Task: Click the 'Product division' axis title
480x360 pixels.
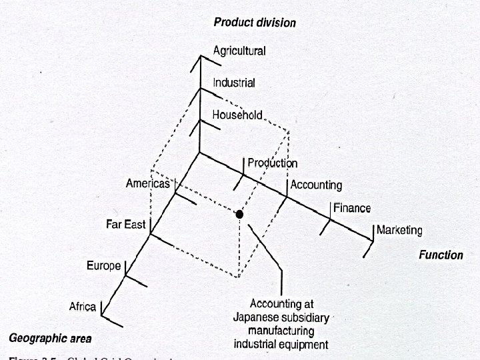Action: coord(255,23)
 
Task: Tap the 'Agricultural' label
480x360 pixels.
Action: coord(239,51)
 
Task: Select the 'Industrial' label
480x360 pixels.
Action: coord(233,83)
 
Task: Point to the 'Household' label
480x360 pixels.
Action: coord(237,115)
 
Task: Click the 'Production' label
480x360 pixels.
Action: coord(272,163)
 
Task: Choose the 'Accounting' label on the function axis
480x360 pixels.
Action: coord(316,185)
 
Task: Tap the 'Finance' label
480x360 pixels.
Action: coord(351,208)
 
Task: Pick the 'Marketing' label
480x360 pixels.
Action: coord(399,231)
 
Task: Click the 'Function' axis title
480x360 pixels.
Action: coord(441,255)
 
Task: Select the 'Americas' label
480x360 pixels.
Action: coord(148,184)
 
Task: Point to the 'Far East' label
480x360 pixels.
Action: coord(125,225)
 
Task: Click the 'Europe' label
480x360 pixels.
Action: coord(104,266)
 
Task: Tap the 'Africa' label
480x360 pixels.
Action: coord(84,307)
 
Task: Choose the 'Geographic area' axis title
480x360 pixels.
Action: coord(51,338)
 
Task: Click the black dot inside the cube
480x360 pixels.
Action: coord(239,214)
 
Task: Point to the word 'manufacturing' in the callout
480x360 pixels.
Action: coord(281,331)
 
